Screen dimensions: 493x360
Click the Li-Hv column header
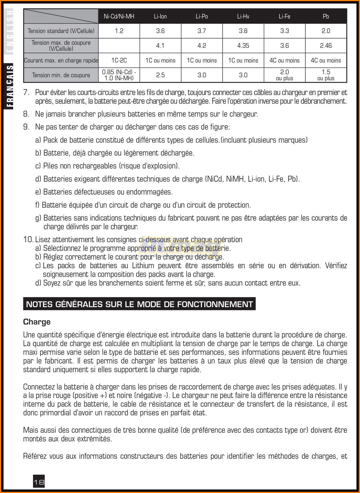(x=243, y=16)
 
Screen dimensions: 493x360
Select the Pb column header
(x=326, y=16)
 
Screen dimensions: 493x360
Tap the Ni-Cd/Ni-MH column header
(x=119, y=16)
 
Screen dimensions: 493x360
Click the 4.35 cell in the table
(x=243, y=46)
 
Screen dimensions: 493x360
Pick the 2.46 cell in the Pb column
(x=326, y=46)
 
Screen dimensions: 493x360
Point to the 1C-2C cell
(x=119, y=60)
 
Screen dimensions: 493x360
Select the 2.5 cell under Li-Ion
(x=160, y=75)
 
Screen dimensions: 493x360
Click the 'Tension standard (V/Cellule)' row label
(x=61, y=31)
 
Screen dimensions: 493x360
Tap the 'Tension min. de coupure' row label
(x=61, y=75)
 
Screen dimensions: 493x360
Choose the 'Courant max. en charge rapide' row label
(x=61, y=60)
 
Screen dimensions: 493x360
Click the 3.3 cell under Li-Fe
(x=284, y=31)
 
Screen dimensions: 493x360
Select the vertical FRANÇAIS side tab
(x=10, y=87)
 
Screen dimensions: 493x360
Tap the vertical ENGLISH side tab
(x=10, y=31)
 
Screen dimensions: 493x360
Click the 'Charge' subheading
(x=37, y=322)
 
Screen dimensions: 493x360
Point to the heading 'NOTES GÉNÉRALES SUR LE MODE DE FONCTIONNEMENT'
(x=139, y=304)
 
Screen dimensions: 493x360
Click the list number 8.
(x=26, y=114)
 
